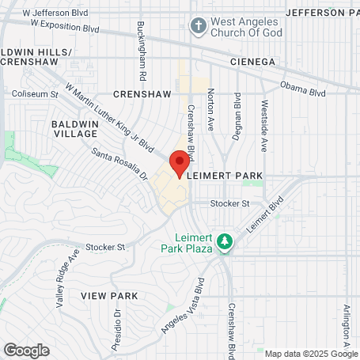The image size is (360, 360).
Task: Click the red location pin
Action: pyautogui.click(x=180, y=163)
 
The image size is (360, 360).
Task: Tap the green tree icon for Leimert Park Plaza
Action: pyautogui.click(x=225, y=239)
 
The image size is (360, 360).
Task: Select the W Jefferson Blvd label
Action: pyautogui.click(x=56, y=13)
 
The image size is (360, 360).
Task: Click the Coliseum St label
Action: pyautogui.click(x=35, y=94)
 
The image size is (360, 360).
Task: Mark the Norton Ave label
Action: pyautogui.click(x=210, y=108)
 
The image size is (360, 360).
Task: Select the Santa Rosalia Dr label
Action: pyautogui.click(x=119, y=163)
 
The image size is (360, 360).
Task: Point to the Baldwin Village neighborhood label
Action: pyautogui.click(x=74, y=129)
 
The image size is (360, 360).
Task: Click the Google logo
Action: pyautogui.click(x=26, y=350)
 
